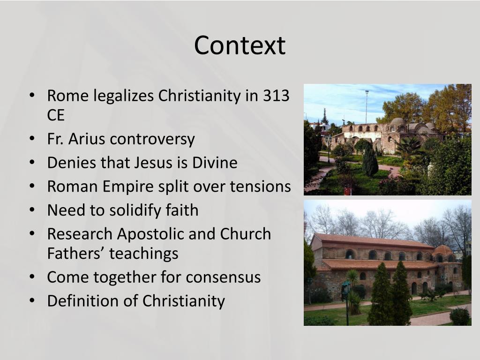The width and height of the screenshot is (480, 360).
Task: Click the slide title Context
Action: point(240,45)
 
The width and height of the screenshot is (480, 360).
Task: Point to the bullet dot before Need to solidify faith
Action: point(31,210)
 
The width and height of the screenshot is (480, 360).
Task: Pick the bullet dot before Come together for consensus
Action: point(31,277)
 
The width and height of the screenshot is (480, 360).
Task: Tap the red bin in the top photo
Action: point(347,191)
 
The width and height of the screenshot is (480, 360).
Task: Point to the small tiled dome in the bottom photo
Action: point(442,250)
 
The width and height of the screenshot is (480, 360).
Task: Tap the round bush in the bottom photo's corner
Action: point(459,316)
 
